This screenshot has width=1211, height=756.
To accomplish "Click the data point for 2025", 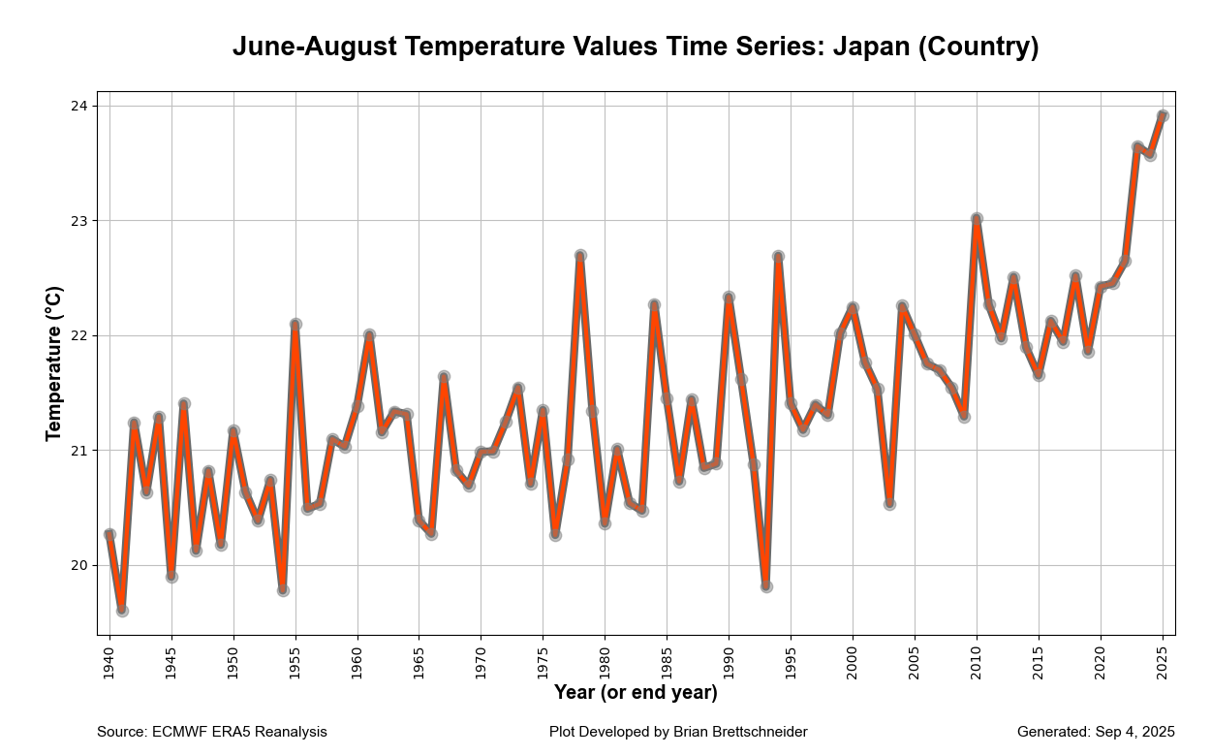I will point(1163,115).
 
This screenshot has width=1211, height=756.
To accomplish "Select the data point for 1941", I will point(122,611).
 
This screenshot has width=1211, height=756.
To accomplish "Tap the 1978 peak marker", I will point(580,256).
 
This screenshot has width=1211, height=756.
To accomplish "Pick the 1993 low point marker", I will point(766,586).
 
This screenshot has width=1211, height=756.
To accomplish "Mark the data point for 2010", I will point(977,219).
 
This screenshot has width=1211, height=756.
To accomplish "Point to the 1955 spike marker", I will point(295,324).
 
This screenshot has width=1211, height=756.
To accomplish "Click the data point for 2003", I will point(889,504).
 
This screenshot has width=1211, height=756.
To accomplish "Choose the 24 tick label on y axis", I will point(78,106).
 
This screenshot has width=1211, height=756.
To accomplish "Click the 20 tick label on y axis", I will point(78,565).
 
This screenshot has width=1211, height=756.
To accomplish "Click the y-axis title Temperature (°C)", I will point(54,363).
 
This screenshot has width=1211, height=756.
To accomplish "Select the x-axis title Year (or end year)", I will point(636,693).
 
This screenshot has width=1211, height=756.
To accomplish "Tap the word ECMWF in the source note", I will point(178,732).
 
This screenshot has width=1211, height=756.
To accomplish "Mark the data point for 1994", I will point(778,257).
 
